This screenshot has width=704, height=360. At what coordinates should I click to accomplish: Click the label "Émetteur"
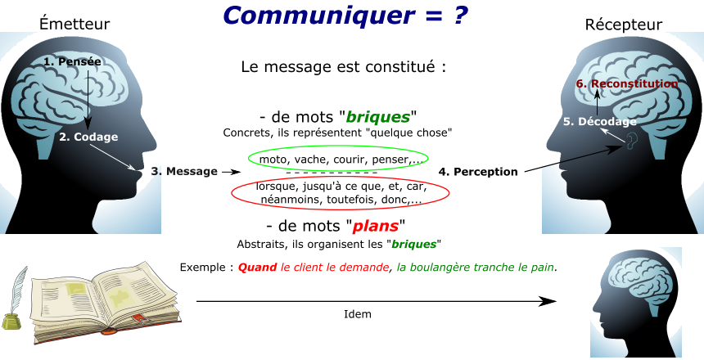coord(74,25)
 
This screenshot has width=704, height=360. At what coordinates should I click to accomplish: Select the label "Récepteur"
coord(623,25)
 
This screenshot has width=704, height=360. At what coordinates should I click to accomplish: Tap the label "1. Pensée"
coord(72,61)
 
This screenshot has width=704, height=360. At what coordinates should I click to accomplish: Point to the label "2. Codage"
coord(88,137)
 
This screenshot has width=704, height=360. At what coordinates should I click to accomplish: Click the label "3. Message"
coord(183,171)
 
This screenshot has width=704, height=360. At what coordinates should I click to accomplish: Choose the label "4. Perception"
coord(478,171)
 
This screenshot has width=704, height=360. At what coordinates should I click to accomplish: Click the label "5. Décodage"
coord(600,121)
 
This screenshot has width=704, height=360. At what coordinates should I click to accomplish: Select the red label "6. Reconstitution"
coord(626,83)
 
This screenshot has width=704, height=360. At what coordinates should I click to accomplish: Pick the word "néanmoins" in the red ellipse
coord(287,199)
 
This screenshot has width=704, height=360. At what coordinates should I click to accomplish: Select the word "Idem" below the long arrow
coord(358,313)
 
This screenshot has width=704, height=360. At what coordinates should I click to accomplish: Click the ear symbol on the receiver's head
coord(630,144)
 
